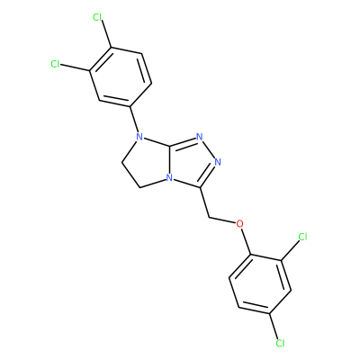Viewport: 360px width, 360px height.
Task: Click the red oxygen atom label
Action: (x=239, y=224)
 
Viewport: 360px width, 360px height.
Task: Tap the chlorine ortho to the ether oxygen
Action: (x=302, y=237)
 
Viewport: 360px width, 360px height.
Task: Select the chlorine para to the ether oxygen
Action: (x=280, y=343)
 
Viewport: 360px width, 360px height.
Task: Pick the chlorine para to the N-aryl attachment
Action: (x=97, y=17)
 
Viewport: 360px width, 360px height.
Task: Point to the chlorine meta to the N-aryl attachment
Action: (x=55, y=64)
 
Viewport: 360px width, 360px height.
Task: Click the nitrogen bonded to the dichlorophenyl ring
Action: (x=139, y=137)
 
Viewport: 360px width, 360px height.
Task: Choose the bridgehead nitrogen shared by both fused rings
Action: (x=169, y=178)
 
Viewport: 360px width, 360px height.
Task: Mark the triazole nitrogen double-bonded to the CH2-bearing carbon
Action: (x=218, y=162)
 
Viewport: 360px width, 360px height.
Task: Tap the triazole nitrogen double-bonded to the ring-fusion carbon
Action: (x=199, y=137)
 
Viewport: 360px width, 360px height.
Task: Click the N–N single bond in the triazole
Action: (x=209, y=149)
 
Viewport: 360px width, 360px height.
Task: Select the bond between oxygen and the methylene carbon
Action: (x=221, y=220)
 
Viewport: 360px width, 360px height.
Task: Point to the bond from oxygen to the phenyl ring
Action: (x=246, y=241)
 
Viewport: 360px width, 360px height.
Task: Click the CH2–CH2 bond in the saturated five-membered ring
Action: (x=131, y=175)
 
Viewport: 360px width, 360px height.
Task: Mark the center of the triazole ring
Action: (x=192, y=162)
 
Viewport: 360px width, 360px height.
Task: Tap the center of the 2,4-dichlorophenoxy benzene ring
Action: (x=260, y=284)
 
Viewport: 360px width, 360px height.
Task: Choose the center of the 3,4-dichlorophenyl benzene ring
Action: (x=121, y=76)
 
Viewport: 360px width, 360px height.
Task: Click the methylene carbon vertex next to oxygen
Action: (x=208, y=217)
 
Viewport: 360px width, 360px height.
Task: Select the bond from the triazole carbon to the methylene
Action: (x=204, y=202)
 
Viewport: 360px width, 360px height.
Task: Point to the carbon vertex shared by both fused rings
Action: (x=170, y=147)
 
